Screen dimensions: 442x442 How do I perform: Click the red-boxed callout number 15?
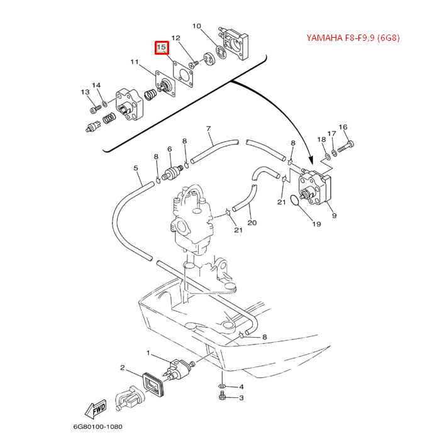point(162,47)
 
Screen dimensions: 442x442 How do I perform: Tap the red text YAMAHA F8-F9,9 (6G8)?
point(353,38)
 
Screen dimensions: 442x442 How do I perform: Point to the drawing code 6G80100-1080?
point(97,427)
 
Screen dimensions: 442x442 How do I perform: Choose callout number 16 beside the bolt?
point(343,128)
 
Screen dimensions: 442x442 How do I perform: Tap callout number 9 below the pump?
point(334,216)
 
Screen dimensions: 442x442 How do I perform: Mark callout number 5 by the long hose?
point(135,168)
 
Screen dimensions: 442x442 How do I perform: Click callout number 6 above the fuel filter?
point(170,150)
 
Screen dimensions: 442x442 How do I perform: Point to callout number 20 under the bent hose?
point(252,223)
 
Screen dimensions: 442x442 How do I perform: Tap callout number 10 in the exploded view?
point(196,26)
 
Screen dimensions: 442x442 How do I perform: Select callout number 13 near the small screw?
point(85,92)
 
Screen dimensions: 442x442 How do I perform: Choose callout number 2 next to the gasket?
point(123,368)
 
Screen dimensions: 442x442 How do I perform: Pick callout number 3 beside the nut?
point(240,398)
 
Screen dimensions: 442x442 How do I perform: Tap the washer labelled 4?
point(223,385)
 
